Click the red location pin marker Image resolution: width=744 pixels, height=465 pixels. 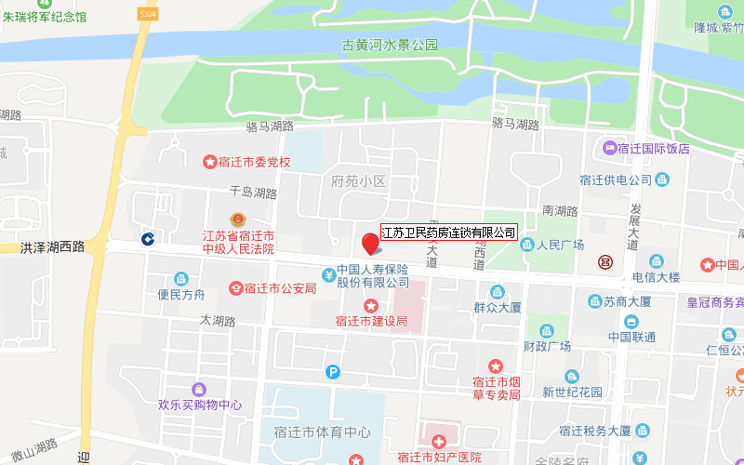click(x=370, y=244)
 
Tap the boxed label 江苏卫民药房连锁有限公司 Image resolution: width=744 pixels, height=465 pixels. click(x=449, y=232)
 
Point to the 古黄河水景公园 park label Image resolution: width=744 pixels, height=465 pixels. click(x=389, y=46)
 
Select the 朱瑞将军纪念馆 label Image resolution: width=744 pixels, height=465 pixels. click(x=44, y=17)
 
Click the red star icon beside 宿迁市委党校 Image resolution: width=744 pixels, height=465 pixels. click(x=211, y=162)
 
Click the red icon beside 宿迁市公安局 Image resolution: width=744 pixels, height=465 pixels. click(x=237, y=288)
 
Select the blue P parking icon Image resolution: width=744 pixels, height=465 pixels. click(x=333, y=372)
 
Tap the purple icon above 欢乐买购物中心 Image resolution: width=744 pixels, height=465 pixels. click(x=198, y=389)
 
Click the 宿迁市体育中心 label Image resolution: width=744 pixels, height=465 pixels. click(x=316, y=432)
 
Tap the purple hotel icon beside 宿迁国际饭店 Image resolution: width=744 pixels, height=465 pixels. click(x=610, y=148)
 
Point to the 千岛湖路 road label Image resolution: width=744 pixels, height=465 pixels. click(x=253, y=193)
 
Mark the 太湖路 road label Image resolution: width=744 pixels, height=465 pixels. click(x=219, y=320)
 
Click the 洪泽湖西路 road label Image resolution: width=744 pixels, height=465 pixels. click(x=52, y=247)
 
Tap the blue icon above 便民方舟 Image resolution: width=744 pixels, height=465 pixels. click(x=180, y=278)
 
